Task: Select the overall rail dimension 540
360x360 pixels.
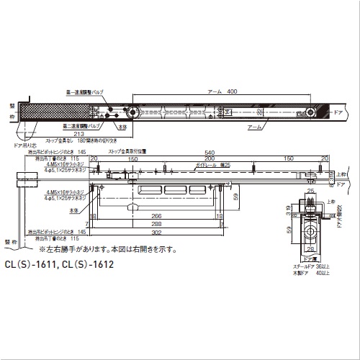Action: click(x=210, y=153)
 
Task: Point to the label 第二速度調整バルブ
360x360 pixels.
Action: click(x=86, y=125)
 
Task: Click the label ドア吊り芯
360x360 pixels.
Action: click(x=24, y=145)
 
